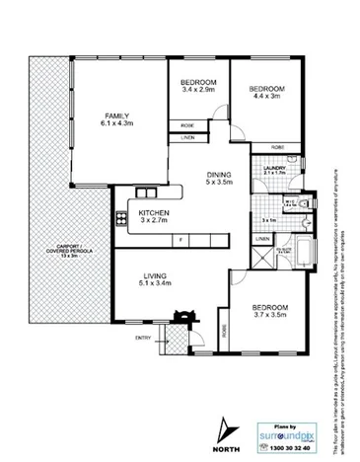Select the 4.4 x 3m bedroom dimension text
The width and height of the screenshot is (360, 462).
tap(266, 97)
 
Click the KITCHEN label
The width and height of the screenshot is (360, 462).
tap(154, 212)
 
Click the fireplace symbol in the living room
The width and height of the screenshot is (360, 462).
tap(180, 318)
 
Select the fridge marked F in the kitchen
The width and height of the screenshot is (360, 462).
tap(180, 240)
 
